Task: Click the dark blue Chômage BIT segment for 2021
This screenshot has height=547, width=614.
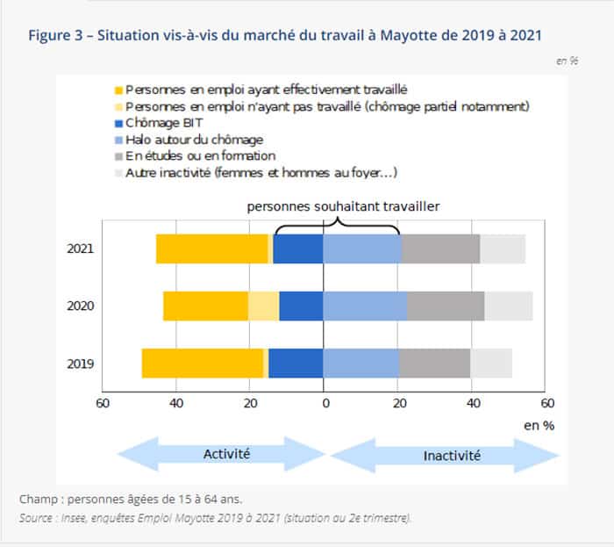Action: (x=298, y=248)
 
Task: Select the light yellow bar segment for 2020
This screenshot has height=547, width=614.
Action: (x=263, y=306)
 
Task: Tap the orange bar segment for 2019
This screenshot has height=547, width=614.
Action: (x=202, y=363)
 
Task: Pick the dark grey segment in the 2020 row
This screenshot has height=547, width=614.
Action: (x=446, y=306)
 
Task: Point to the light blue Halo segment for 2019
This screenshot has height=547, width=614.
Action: (x=361, y=363)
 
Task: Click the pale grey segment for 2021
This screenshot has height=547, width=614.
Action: (x=503, y=248)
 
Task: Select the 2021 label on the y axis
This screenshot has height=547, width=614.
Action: (x=81, y=248)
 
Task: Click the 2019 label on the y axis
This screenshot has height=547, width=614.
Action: (x=81, y=363)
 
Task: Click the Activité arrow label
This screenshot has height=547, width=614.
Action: (x=226, y=454)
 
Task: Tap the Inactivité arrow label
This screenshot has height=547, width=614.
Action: (x=452, y=456)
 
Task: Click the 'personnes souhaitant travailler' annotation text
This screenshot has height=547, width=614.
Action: (x=342, y=205)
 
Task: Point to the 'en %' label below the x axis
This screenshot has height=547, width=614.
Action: (x=539, y=425)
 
